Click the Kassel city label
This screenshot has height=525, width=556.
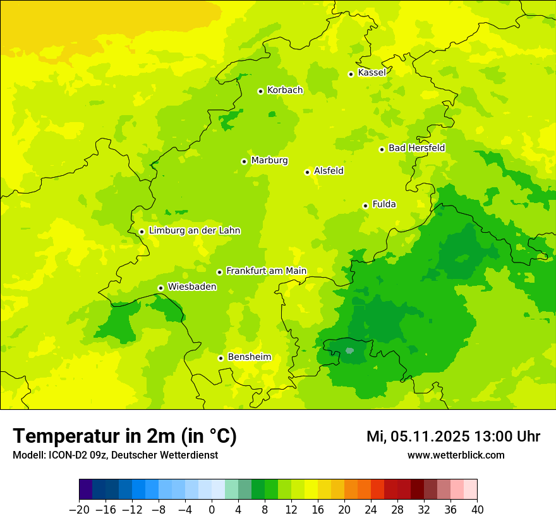pyautogui.click(x=372, y=73)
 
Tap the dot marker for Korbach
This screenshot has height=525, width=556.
pyautogui.click(x=260, y=91)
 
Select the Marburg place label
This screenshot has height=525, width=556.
pyautogui.click(x=269, y=161)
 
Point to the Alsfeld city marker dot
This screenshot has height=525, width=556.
pyautogui.click(x=307, y=172)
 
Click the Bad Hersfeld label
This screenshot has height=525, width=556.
pyautogui.click(x=416, y=148)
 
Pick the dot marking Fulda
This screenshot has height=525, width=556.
pyautogui.click(x=365, y=206)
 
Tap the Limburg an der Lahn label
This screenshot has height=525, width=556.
pyautogui.click(x=194, y=231)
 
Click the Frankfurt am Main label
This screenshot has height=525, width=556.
pyautogui.click(x=266, y=271)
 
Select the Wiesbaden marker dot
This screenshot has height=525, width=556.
pyautogui.click(x=160, y=288)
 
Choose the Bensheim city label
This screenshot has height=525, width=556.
pyautogui.click(x=249, y=357)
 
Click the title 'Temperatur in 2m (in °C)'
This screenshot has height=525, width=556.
pyautogui.click(x=125, y=436)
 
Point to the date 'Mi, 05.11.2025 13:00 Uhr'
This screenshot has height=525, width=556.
pyautogui.click(x=453, y=436)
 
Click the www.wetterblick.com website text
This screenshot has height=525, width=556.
pyautogui.click(x=456, y=455)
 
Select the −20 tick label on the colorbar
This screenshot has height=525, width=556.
pyautogui.click(x=79, y=509)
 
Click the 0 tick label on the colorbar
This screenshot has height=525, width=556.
pyautogui.click(x=212, y=509)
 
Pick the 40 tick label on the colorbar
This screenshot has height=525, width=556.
pyautogui.click(x=477, y=509)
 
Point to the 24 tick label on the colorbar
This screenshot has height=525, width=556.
pyautogui.click(x=371, y=509)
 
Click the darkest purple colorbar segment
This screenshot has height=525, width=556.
pyautogui.click(x=86, y=490)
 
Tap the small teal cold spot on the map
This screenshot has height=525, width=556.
pyautogui.click(x=349, y=349)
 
